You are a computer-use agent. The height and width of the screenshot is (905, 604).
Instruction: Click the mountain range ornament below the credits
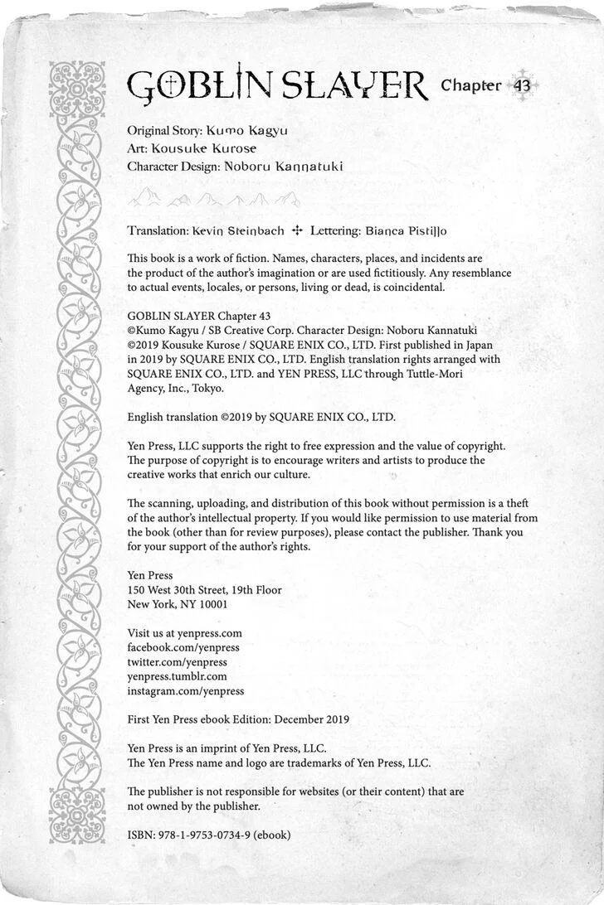(214, 199)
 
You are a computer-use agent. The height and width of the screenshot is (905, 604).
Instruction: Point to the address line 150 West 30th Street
(204, 590)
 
